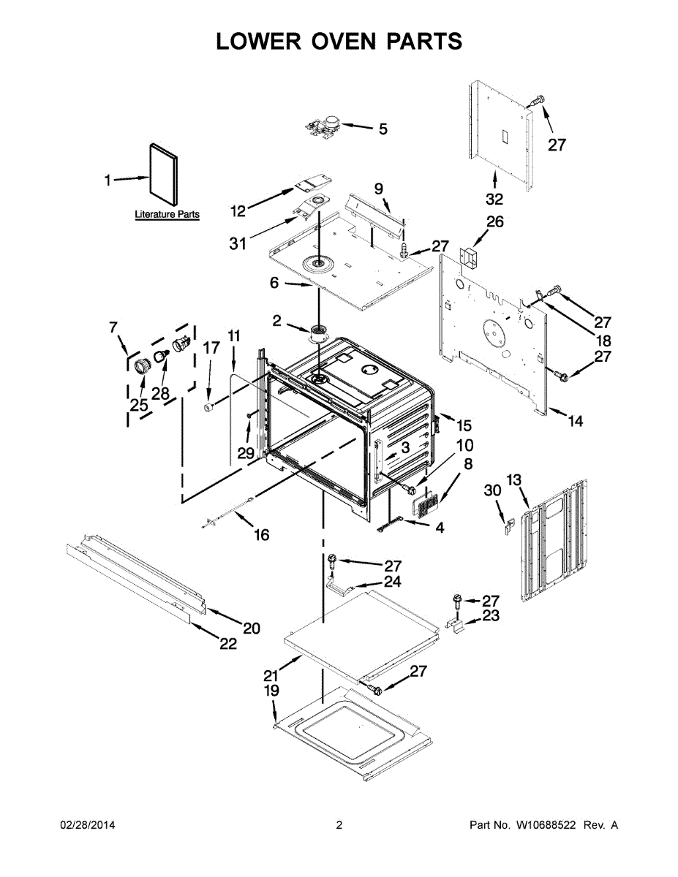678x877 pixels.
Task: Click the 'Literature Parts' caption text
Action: click(167, 215)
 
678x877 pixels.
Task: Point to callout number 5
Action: click(383, 129)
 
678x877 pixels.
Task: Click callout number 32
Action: click(494, 199)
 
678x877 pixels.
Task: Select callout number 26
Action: click(495, 222)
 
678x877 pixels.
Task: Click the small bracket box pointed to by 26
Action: click(467, 257)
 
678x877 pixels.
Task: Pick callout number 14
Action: click(576, 422)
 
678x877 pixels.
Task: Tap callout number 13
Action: click(514, 479)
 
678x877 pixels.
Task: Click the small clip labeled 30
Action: click(510, 527)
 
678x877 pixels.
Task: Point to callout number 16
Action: click(261, 535)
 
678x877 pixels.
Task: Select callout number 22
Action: click(227, 644)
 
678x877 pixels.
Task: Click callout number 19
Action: click(271, 690)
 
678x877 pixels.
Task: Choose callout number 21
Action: click(271, 674)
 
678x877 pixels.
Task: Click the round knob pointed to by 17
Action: click(209, 406)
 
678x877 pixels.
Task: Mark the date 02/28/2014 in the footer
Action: click(87, 825)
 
